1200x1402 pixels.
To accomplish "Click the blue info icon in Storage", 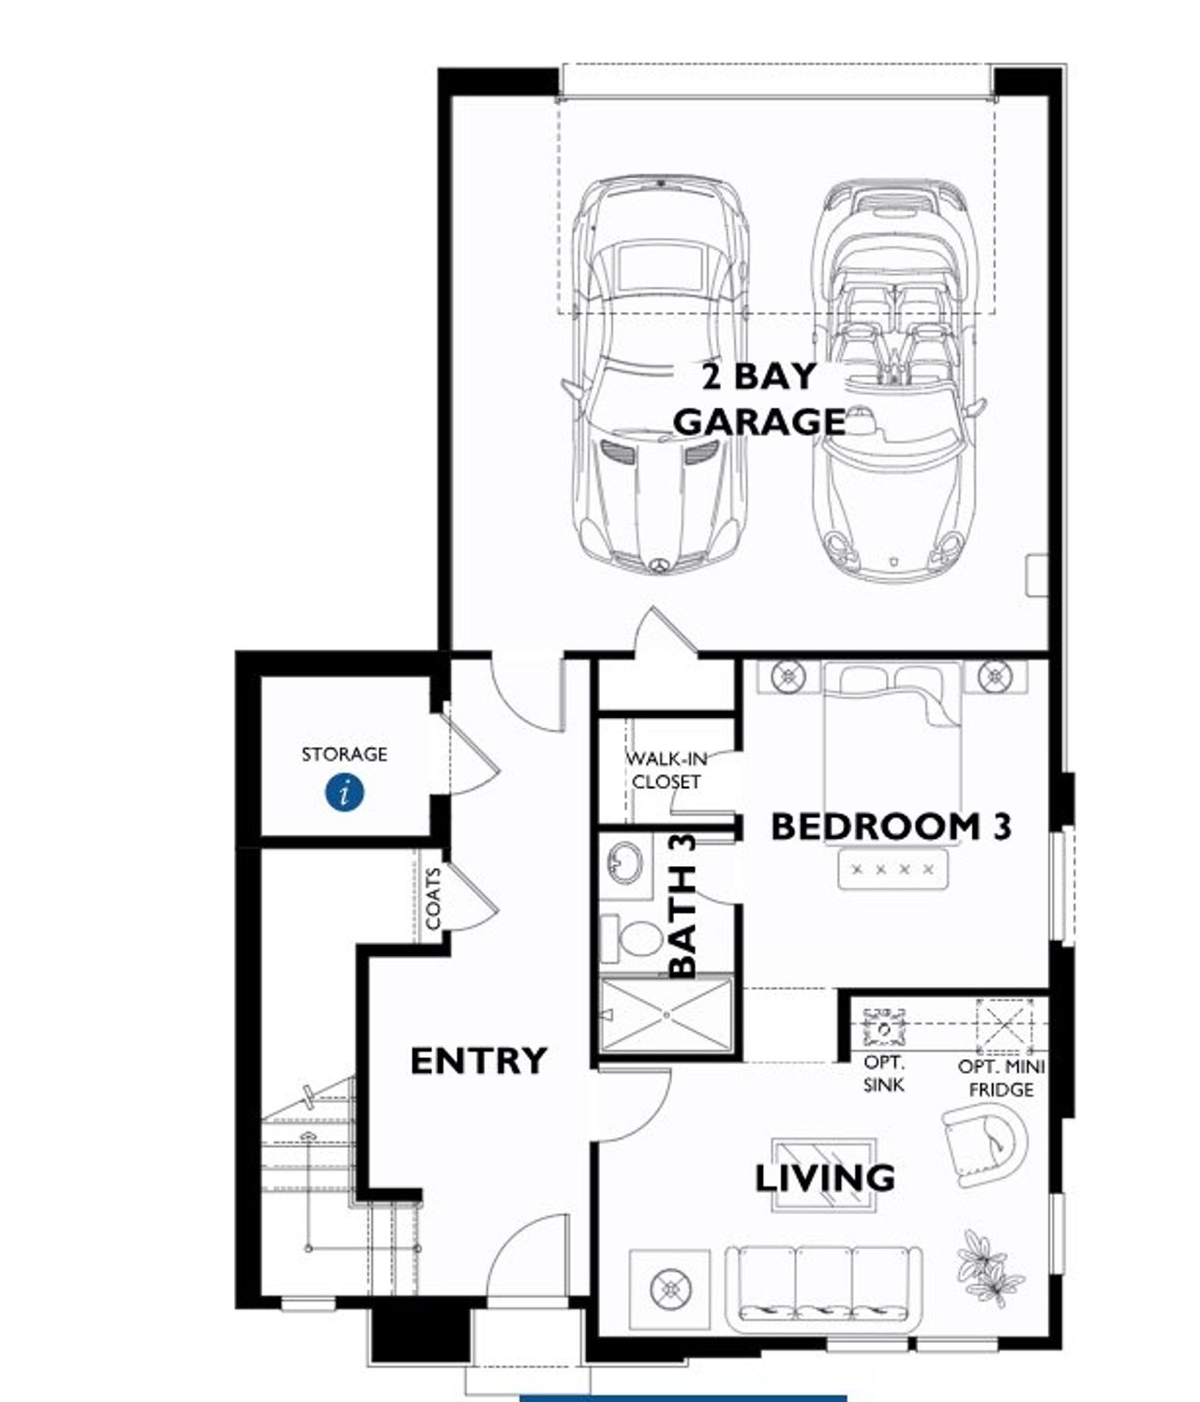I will click(x=345, y=793).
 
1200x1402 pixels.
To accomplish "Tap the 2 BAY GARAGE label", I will click(x=759, y=399).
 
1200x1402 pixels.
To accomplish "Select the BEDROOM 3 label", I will click(x=891, y=827).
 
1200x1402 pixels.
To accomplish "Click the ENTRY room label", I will click(x=478, y=1061).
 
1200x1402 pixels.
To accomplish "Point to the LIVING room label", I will click(x=825, y=1178).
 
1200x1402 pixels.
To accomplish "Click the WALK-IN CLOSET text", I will click(x=666, y=769).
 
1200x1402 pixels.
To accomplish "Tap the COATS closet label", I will click(x=433, y=900).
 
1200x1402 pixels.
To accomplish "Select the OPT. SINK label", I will click(x=884, y=1074).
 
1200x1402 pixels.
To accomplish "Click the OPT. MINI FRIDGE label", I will click(x=1001, y=1078).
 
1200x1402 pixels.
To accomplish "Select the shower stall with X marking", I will click(x=667, y=1016).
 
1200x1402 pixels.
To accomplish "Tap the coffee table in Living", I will click(x=823, y=1173).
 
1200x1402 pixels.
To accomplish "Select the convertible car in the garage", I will click(x=895, y=380).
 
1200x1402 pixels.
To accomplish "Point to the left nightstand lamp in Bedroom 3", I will click(x=788, y=675).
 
